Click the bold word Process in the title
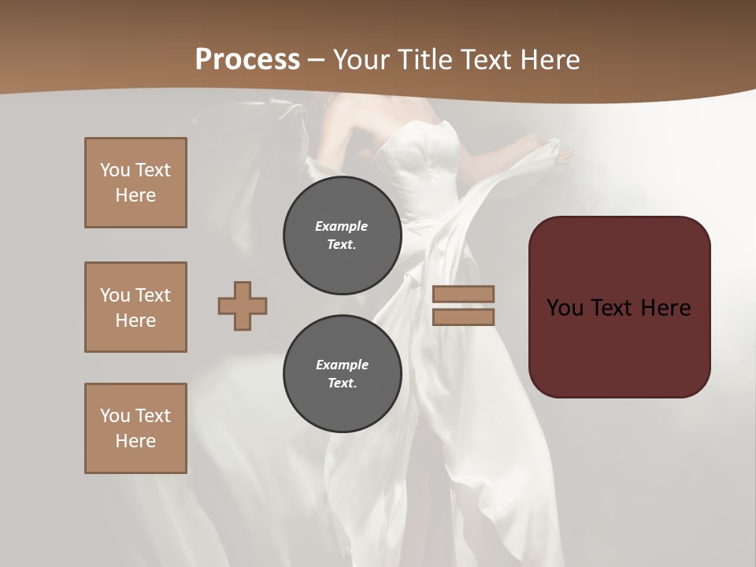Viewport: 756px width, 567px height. pyautogui.click(x=247, y=60)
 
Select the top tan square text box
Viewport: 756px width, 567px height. pyautogui.click(x=135, y=183)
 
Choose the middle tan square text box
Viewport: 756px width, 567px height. pyautogui.click(x=135, y=307)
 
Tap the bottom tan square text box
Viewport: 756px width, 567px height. pyautogui.click(x=135, y=428)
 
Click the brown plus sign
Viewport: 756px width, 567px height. pyautogui.click(x=243, y=306)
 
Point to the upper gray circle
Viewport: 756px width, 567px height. pyautogui.click(x=342, y=235)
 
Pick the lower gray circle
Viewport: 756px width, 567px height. pyautogui.click(x=342, y=374)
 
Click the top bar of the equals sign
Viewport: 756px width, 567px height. pyautogui.click(x=463, y=294)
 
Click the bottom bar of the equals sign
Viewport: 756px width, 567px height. pyautogui.click(x=463, y=317)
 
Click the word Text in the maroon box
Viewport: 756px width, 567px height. pyautogui.click(x=613, y=308)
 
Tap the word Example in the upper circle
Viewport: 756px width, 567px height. pyautogui.click(x=342, y=226)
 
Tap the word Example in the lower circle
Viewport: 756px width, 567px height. pyautogui.click(x=342, y=365)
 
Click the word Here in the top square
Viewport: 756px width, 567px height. pyautogui.click(x=135, y=195)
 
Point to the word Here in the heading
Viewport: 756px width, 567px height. pyautogui.click(x=547, y=60)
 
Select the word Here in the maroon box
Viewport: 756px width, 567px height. pyautogui.click(x=665, y=308)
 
